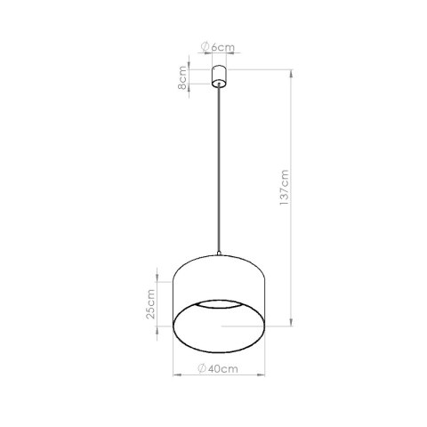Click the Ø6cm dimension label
pyautogui.click(x=217, y=45)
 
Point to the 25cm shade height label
pyautogui.click(x=152, y=304)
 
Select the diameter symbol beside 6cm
pyautogui.click(x=205, y=45)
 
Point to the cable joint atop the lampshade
pyautogui.click(x=218, y=256)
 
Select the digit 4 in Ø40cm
pyautogui.click(x=210, y=367)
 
